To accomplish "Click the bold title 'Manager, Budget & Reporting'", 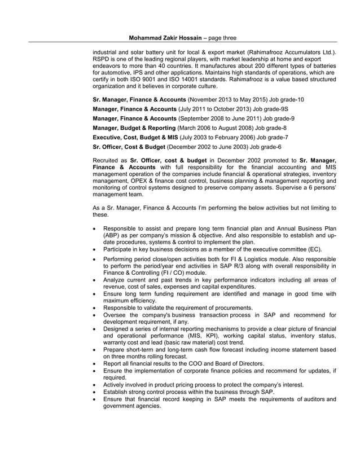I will coord(134,128).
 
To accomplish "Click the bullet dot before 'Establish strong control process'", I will coord(94,392).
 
